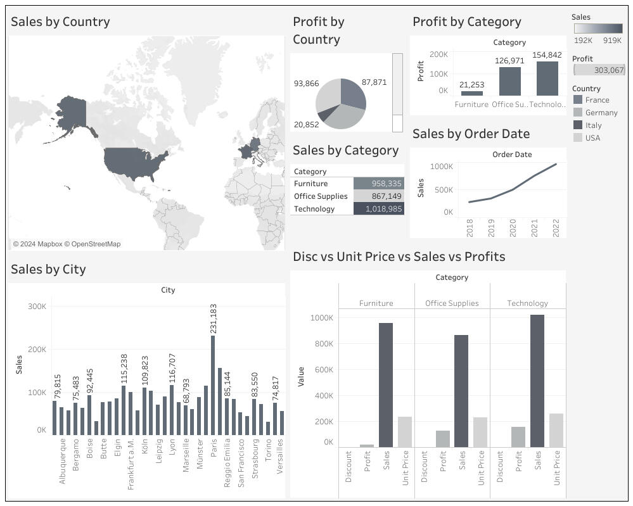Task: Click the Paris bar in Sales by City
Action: click(x=213, y=385)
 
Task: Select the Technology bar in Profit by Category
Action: click(x=547, y=79)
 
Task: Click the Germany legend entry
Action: click(x=601, y=113)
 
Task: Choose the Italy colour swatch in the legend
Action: click(x=577, y=125)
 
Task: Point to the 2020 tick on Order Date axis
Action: click(x=513, y=229)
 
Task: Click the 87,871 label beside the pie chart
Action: click(x=374, y=82)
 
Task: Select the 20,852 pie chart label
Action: click(x=306, y=125)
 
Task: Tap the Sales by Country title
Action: click(x=60, y=22)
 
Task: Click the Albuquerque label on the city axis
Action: click(x=62, y=461)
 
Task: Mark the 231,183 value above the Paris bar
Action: click(x=214, y=319)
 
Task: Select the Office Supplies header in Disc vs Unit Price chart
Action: click(x=452, y=303)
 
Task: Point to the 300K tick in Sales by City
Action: click(x=37, y=307)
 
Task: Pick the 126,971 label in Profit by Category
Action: click(x=509, y=61)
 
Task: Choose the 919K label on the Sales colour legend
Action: click(x=612, y=41)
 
